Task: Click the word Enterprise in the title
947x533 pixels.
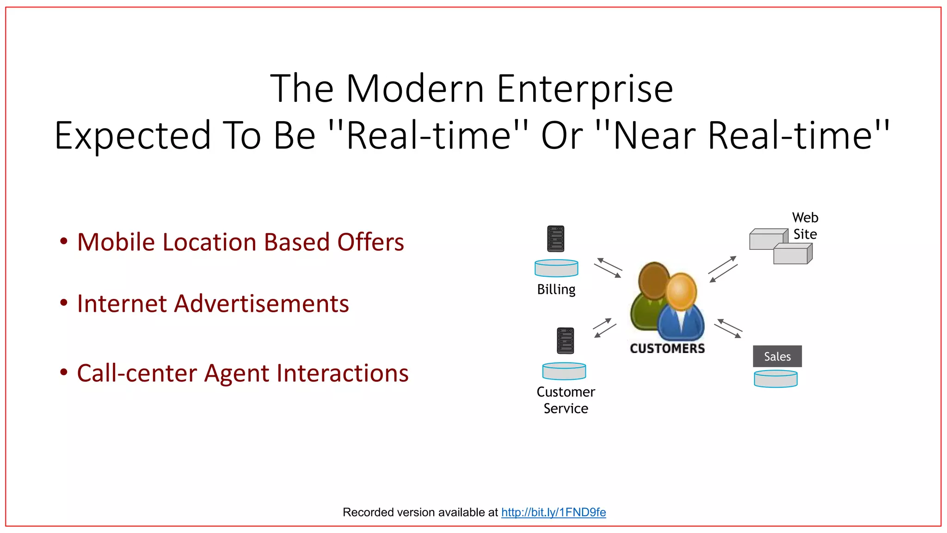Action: point(584,89)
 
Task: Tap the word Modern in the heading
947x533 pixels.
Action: point(415,89)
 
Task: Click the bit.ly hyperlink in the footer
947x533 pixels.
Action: point(553,512)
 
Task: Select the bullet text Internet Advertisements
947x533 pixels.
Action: point(213,304)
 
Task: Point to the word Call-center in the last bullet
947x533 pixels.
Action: point(137,373)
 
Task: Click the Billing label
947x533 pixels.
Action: point(556,290)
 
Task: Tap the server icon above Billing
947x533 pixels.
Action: point(555,239)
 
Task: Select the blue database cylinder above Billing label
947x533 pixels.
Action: point(556,268)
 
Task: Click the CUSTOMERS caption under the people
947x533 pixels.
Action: point(667,348)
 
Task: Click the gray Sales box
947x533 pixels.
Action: point(777,356)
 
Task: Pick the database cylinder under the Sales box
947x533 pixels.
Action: point(775,379)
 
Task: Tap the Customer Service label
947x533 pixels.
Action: point(566,400)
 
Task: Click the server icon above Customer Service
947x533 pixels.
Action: point(565,341)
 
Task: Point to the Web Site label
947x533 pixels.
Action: point(805,226)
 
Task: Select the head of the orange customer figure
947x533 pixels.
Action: point(681,291)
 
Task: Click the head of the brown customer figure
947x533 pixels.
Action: point(653,280)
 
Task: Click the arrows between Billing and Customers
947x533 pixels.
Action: point(608,268)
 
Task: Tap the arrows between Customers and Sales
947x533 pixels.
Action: point(728,328)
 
